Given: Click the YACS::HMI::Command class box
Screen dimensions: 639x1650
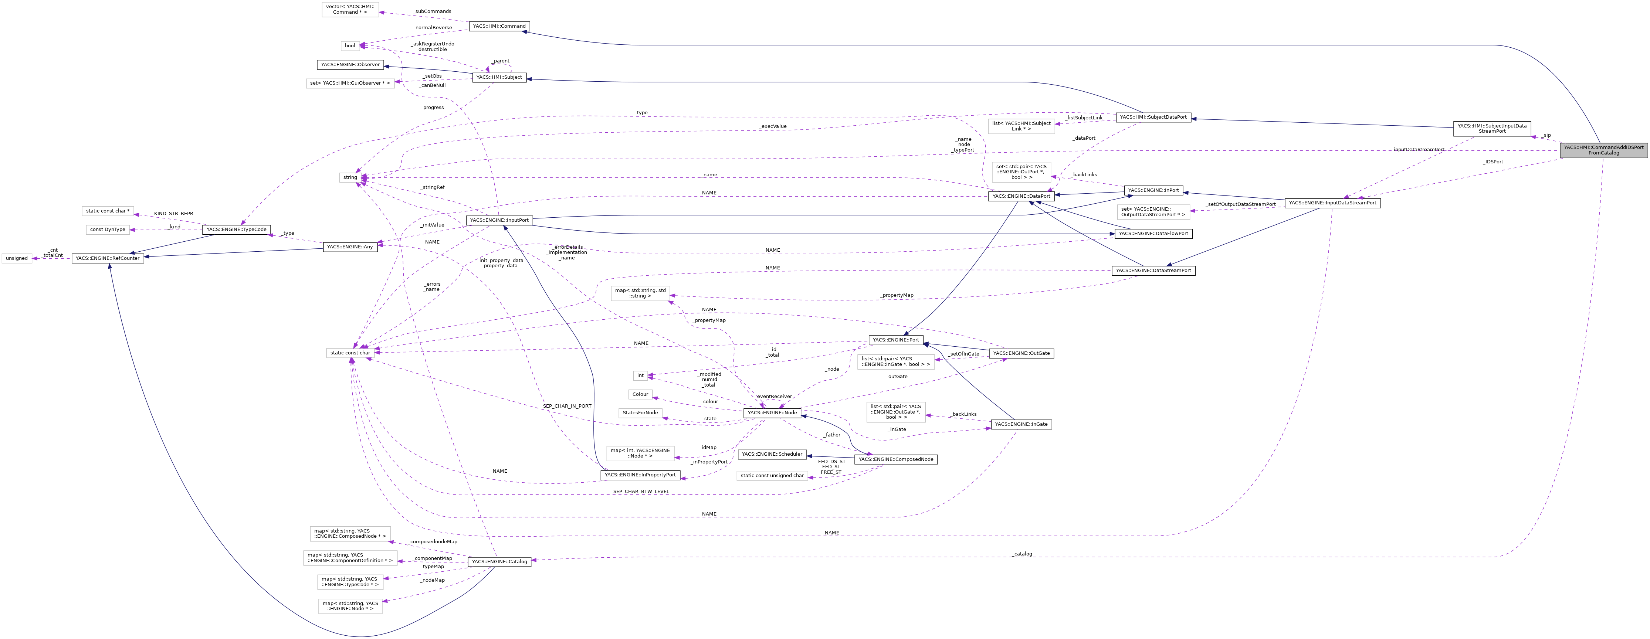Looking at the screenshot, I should tap(499, 26).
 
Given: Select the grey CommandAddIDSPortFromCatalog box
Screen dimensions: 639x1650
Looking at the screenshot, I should tap(1603, 150).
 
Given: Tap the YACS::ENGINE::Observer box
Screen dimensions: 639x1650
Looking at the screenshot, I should tap(350, 65).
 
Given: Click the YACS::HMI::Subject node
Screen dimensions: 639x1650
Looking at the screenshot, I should tap(499, 78).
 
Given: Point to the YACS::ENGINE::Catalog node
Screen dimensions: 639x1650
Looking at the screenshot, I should tap(499, 561).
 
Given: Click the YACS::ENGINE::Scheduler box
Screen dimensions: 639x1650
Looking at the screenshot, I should tap(772, 454).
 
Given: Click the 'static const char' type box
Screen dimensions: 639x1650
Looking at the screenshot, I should tap(350, 353).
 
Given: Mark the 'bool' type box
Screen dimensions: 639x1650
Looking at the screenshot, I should tap(350, 45).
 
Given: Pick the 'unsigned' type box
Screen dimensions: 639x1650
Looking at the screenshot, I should tap(17, 258).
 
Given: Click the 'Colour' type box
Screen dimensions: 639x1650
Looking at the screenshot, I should tap(640, 394).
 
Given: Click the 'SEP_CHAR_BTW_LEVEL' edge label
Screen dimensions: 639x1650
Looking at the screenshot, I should tap(641, 491).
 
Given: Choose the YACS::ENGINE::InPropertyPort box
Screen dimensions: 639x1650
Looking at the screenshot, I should tap(640, 475).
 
